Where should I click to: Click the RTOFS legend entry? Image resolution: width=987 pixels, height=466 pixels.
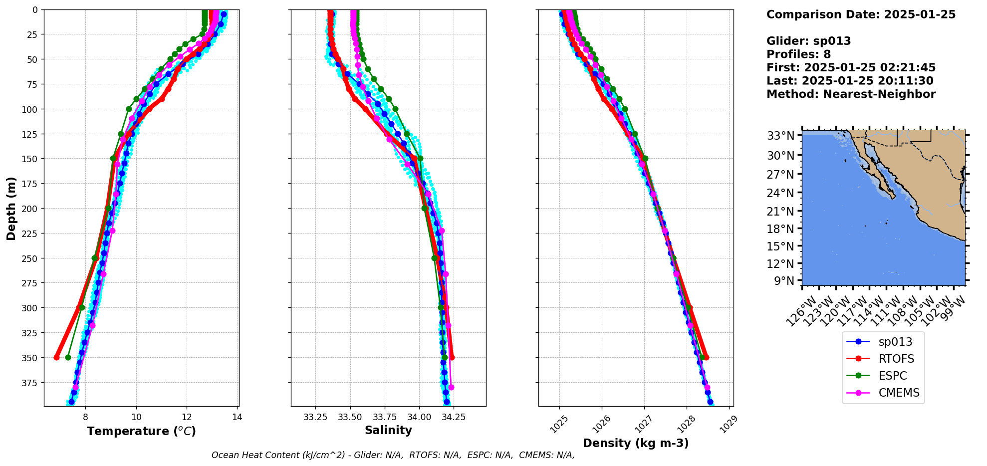tap(896, 359)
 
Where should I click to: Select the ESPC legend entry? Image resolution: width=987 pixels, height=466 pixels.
tap(893, 376)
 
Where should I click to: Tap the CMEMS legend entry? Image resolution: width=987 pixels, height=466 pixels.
tap(899, 393)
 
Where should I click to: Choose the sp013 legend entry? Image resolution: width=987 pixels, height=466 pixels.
tap(895, 342)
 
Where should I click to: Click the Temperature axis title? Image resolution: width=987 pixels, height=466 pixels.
tap(141, 431)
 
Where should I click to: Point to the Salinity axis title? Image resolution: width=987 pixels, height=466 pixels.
tap(388, 430)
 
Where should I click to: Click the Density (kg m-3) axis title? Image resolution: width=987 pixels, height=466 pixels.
tap(636, 443)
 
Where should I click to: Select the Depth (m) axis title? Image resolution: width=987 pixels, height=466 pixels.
tap(11, 208)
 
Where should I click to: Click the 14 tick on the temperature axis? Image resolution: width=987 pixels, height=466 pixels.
tap(237, 417)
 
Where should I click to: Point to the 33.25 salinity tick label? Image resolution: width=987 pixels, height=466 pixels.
tap(315, 417)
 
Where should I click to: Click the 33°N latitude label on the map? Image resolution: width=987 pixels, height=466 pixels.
tap(780, 136)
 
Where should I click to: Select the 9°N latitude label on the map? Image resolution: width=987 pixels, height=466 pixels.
tap(784, 281)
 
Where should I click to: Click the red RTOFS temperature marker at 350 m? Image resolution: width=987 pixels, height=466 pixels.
tap(56, 357)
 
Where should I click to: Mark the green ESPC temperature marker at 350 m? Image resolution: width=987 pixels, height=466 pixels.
tap(68, 357)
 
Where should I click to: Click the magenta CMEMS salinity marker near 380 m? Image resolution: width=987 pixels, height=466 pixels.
tap(451, 387)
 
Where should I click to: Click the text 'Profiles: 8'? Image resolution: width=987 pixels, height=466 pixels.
tap(798, 54)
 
